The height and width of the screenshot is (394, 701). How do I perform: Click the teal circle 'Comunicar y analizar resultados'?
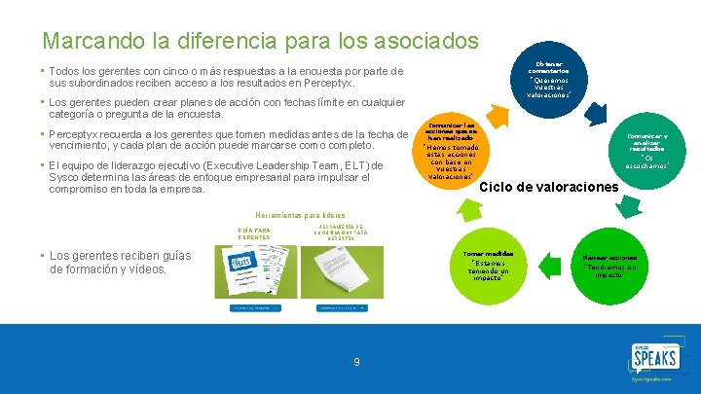coord(646,146)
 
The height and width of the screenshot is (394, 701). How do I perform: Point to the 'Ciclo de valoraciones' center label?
coord(549,186)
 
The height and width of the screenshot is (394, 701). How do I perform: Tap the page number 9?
coord(356,362)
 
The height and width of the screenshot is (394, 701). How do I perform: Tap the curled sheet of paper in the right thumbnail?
coord(342,272)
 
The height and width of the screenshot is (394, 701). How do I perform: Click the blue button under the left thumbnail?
coord(254,307)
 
